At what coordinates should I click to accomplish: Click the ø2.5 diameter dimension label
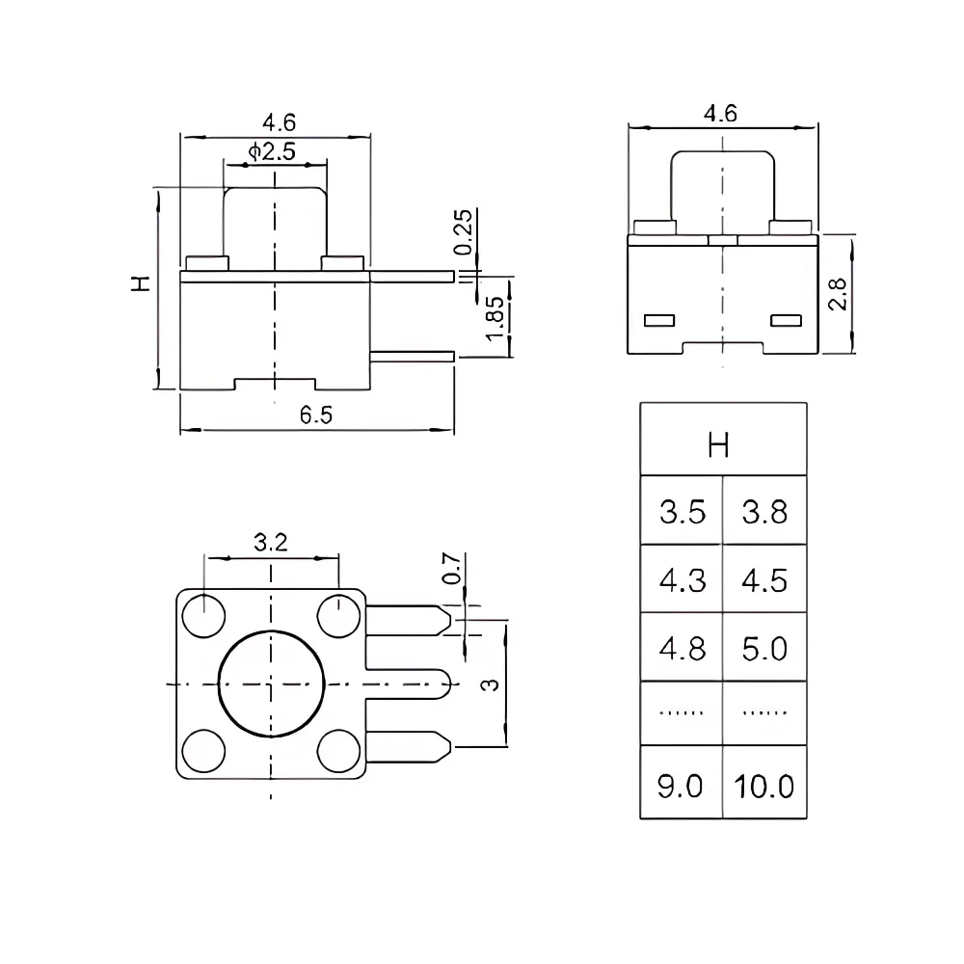[x=271, y=151]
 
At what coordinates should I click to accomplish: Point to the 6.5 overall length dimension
[x=315, y=415]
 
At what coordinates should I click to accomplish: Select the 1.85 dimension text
[x=494, y=317]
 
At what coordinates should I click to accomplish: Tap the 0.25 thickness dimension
[x=464, y=231]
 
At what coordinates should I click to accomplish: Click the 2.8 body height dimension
[x=840, y=292]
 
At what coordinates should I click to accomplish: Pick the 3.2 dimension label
[x=271, y=543]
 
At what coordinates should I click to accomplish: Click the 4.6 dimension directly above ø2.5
[x=279, y=122]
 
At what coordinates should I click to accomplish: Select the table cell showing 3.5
[x=682, y=512]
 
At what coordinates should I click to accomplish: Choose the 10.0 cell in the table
[x=763, y=786]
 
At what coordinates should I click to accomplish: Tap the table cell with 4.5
[x=763, y=580]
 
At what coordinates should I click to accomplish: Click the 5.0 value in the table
[x=763, y=649]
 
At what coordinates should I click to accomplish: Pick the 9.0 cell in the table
[x=681, y=786]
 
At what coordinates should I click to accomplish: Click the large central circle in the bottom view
[x=271, y=683]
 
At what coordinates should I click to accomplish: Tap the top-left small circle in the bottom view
[x=204, y=616]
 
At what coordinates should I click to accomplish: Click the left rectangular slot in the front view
[x=659, y=319]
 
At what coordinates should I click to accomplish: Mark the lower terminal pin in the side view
[x=414, y=356]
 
